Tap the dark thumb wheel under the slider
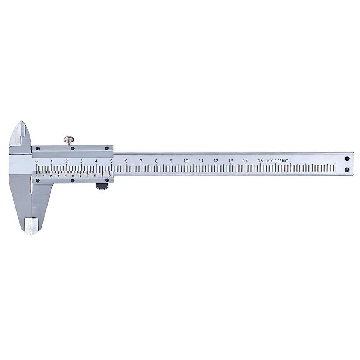[x=102, y=186]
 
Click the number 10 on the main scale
[x=186, y=161]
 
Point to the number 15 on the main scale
[x=260, y=161]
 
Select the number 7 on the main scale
[x=141, y=161]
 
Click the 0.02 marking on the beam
[x=278, y=161]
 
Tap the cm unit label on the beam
[x=270, y=161]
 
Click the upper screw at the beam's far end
[x=347, y=158]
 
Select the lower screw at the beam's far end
[x=347, y=170]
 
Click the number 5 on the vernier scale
[x=73, y=176]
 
